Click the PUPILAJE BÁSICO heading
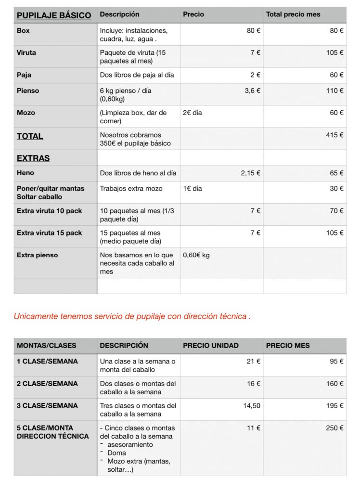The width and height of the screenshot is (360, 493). (53, 15)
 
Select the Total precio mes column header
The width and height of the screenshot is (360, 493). (293, 14)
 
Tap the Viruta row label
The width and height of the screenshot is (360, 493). (26, 53)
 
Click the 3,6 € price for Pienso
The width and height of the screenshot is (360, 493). (252, 91)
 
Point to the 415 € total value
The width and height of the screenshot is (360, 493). (334, 135)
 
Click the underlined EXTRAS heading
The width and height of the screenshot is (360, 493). (33, 158)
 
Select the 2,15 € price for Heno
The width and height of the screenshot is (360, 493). (250, 173)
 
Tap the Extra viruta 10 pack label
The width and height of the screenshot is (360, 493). (50, 211)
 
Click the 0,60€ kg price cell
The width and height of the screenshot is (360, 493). (196, 255)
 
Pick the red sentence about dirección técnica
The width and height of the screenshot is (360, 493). (132, 316)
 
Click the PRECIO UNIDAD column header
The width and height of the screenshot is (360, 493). (211, 346)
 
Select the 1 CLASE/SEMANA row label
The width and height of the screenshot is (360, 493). (47, 361)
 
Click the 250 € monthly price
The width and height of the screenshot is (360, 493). (334, 428)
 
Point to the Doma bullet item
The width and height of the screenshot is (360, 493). (116, 453)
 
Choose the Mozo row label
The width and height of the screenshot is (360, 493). (26, 113)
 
